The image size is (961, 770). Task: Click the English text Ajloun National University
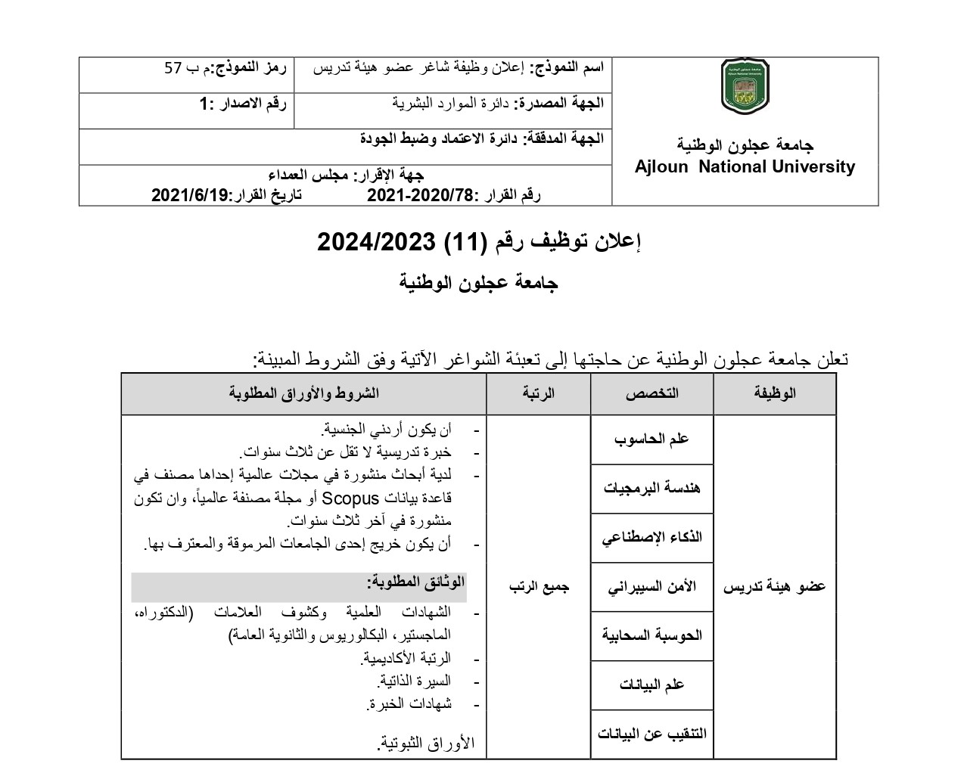[745, 167]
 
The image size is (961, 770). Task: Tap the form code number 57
[173, 68]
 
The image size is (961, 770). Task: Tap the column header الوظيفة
[775, 393]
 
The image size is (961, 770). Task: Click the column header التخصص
[652, 393]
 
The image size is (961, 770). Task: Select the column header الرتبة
[538, 393]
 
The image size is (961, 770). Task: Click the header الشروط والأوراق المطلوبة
[303, 393]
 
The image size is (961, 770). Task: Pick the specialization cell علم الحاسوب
[652, 439]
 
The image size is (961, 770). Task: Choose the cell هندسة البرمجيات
[652, 488]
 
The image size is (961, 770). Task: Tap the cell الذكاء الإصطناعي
[652, 538]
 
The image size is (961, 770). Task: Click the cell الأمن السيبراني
[652, 586]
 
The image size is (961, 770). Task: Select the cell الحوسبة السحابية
[652, 635]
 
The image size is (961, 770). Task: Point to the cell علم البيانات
[652, 684]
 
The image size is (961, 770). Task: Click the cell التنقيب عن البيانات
[652, 733]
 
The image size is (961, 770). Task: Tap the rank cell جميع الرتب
[538, 586]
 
